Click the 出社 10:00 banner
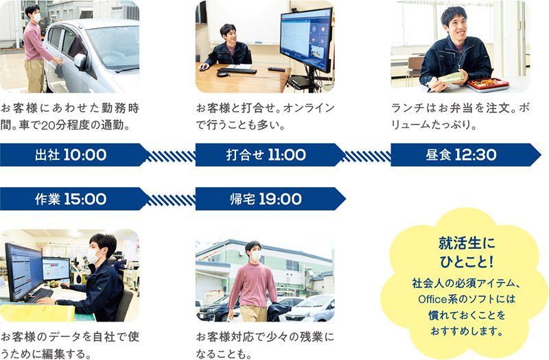[74, 155]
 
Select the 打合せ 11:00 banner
[270, 155]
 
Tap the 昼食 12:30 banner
[466, 155]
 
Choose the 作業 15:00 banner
[74, 199]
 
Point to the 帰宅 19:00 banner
[270, 199]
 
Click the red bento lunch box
[488, 84]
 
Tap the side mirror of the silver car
[80, 61]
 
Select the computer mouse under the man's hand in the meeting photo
[203, 68]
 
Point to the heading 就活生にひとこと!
[467, 252]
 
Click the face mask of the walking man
[256, 256]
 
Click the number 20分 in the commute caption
[52, 125]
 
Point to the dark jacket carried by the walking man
[278, 311]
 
